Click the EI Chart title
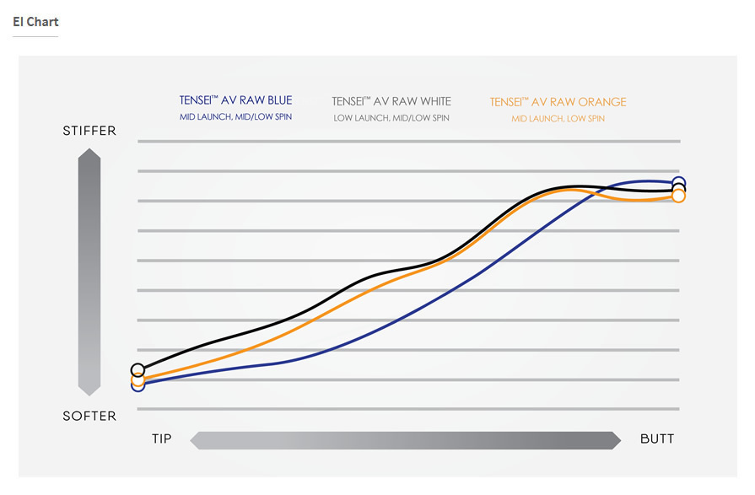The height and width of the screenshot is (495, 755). pos(35,22)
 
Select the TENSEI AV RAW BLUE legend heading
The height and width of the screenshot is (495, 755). pos(235,101)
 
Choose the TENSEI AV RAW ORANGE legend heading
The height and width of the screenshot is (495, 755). pos(558,102)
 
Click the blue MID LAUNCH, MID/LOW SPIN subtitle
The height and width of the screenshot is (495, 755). pos(235,117)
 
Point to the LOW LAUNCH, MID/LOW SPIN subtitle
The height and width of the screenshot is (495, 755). pos(391,118)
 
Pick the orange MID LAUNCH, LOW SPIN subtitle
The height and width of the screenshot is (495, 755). pos(558,119)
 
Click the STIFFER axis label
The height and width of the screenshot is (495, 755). pos(89,132)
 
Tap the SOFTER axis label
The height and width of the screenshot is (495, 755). pos(89,416)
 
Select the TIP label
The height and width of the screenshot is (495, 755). pos(161,439)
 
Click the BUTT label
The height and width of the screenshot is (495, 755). pos(657,439)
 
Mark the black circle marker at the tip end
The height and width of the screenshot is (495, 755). pos(138,370)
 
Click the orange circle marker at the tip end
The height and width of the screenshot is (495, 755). pos(138,379)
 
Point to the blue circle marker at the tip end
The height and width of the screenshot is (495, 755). pos(138,386)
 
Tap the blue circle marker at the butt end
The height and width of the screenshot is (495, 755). pos(678,182)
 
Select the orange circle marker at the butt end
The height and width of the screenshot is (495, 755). pos(678,196)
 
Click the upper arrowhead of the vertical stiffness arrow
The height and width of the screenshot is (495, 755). pos(89,155)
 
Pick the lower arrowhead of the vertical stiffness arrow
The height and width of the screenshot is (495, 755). pos(89,389)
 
